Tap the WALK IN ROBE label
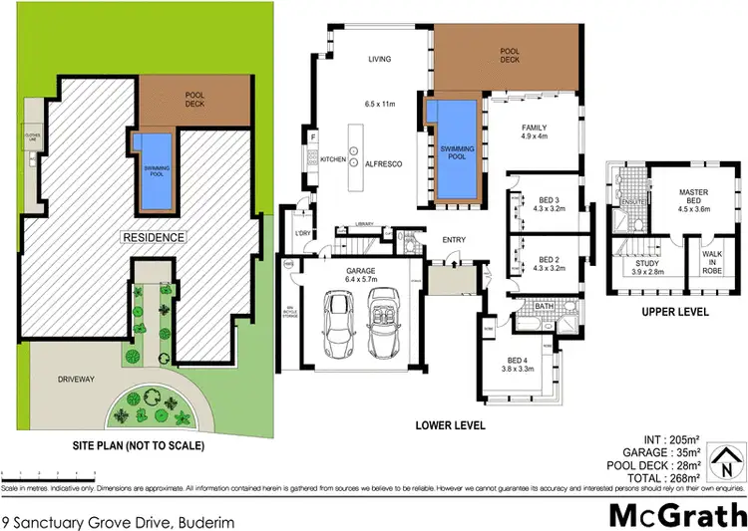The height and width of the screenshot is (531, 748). [711, 263]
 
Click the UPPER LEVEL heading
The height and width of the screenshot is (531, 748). [675, 311]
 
